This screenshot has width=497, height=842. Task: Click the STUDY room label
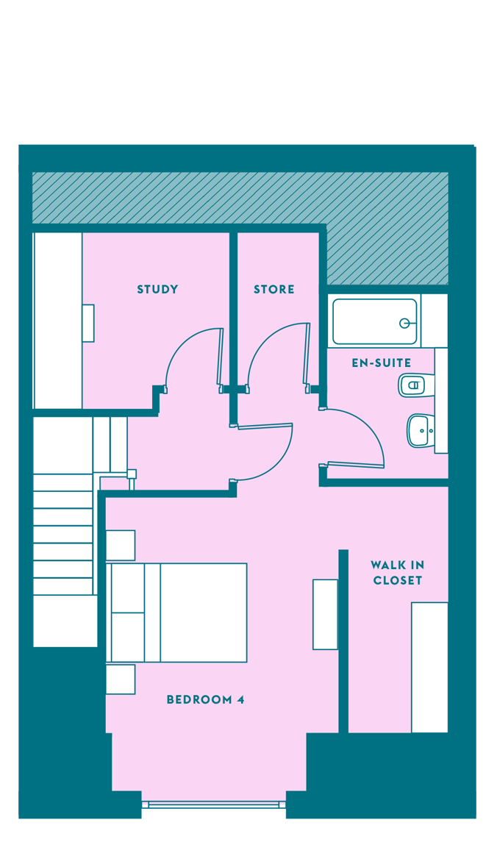click(x=157, y=290)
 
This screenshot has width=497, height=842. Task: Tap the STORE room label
click(x=273, y=290)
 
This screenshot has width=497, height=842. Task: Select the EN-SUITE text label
click(x=381, y=363)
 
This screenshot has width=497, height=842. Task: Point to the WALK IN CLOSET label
click(x=397, y=572)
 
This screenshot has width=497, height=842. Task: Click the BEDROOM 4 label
click(x=206, y=699)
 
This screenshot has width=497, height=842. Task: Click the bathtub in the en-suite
click(x=375, y=321)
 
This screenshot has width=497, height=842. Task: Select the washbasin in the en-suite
click(x=421, y=430)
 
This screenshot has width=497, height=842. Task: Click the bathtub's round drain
click(x=404, y=324)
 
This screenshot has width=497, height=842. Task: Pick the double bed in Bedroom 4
click(x=176, y=612)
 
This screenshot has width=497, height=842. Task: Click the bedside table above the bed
click(x=121, y=545)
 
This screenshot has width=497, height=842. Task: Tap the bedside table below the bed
click(x=121, y=679)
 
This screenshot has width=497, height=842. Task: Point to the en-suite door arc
click(x=371, y=424)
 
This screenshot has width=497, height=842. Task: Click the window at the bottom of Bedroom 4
click(x=214, y=804)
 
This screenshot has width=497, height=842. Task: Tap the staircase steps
click(x=62, y=535)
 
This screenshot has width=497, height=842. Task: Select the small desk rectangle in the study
click(x=88, y=323)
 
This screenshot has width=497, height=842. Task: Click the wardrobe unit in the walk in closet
click(x=429, y=667)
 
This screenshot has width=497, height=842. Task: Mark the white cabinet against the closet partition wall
click(x=325, y=614)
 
